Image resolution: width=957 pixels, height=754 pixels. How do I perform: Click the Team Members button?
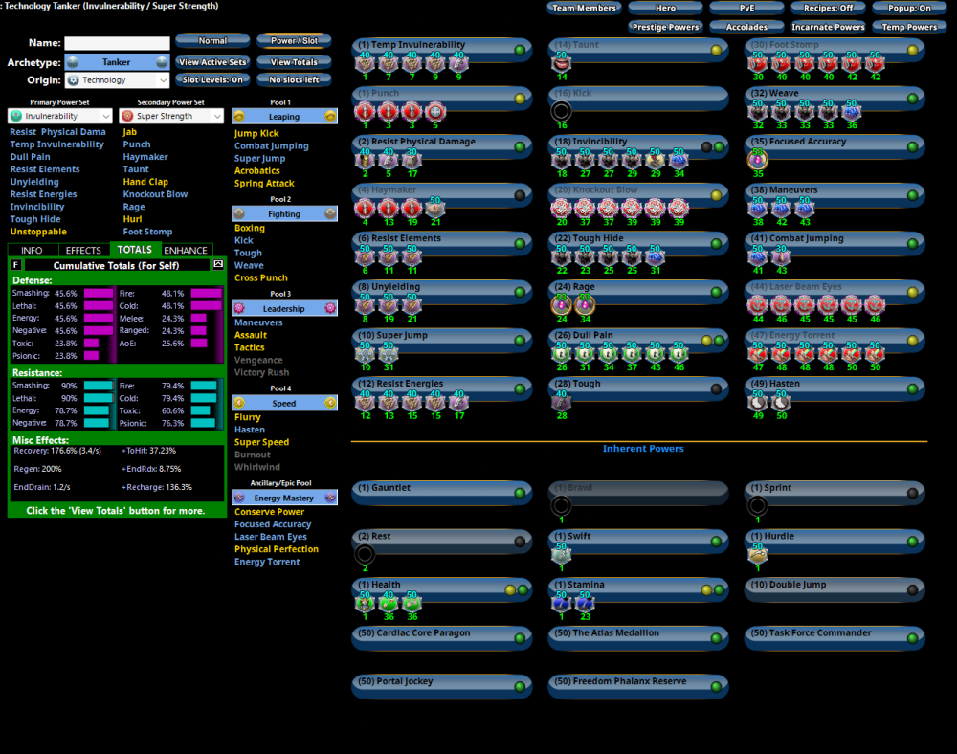tap(584, 8)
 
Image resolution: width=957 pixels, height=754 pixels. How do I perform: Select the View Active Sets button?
tap(212, 62)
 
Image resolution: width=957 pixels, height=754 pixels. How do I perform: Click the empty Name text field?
tap(116, 43)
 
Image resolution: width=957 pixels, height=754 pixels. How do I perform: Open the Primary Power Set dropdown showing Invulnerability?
tap(62, 116)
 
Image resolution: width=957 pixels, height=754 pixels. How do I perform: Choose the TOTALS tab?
tap(134, 250)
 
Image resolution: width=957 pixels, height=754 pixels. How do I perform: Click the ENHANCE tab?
tap(186, 250)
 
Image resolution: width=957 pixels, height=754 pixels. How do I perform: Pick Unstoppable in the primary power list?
tap(38, 232)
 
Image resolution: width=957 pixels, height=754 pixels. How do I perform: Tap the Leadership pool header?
tap(284, 309)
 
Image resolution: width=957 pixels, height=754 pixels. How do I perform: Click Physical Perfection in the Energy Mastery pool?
tap(277, 549)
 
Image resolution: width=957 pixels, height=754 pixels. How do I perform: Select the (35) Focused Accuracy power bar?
tap(834, 143)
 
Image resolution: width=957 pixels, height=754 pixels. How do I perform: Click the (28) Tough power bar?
tap(636, 385)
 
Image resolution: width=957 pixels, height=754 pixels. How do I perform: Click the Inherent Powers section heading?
tap(643, 449)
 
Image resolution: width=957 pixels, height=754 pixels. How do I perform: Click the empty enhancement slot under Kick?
tap(562, 111)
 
